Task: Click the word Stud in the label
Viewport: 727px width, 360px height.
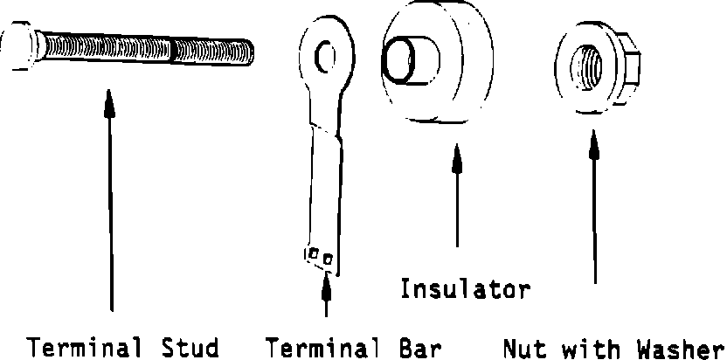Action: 190,347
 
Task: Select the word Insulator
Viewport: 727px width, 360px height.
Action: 465,288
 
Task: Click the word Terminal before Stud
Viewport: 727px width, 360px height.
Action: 86,347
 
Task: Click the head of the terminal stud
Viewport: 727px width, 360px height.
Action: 18,49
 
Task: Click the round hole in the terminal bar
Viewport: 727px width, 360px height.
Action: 328,59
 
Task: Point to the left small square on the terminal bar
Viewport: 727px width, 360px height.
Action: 313,255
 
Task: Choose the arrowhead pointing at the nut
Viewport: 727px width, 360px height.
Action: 594,142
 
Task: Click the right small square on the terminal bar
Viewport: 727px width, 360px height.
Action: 328,260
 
